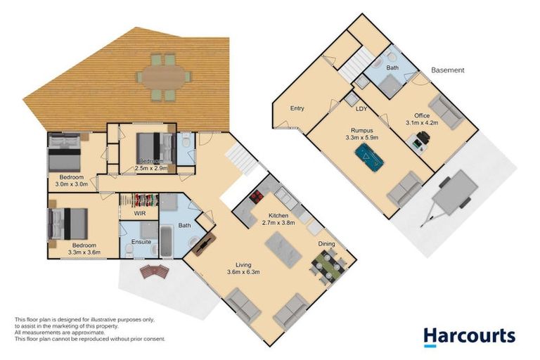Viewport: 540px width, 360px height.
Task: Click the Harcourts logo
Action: [x=469, y=336]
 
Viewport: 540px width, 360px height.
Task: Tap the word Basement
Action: [x=447, y=70]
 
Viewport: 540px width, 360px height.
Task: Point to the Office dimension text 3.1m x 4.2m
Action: [x=422, y=122]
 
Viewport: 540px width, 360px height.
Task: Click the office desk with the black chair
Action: [x=420, y=141]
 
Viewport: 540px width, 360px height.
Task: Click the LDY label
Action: [x=361, y=109]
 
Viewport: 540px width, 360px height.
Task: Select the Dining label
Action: [x=326, y=244]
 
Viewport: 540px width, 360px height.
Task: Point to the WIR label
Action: [x=139, y=212]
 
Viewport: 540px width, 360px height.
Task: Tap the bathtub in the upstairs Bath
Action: [x=166, y=241]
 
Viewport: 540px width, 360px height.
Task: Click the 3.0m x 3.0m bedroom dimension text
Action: [x=71, y=184]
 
